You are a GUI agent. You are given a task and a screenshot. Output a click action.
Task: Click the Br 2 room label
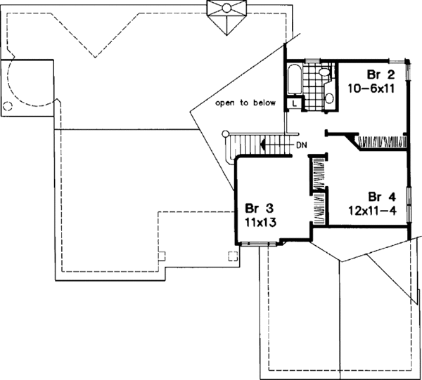click(381, 75)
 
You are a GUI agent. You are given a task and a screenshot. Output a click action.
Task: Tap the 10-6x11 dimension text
click(371, 89)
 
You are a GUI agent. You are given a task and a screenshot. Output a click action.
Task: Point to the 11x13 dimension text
click(260, 222)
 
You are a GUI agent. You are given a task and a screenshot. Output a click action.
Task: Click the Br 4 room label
click(382, 197)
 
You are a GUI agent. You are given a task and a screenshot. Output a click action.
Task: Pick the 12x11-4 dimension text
click(373, 211)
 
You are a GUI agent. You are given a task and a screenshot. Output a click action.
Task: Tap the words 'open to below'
click(245, 103)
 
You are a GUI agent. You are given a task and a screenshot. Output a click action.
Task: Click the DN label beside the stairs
click(302, 145)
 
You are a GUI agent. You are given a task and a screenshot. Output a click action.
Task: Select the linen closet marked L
click(294, 104)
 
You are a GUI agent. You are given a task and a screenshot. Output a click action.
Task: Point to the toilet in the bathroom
click(325, 72)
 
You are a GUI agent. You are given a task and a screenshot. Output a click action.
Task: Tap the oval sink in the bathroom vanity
click(329, 98)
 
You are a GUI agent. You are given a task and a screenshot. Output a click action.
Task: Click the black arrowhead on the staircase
click(263, 145)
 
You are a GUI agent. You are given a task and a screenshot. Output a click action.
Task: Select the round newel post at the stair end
click(225, 133)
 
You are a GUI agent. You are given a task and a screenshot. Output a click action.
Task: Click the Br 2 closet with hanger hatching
click(381, 142)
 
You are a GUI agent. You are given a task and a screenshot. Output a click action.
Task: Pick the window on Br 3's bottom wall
click(258, 244)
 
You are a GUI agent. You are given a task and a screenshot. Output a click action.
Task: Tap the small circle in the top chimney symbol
click(226, 8)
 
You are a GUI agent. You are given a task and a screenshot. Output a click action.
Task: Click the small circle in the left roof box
click(7, 106)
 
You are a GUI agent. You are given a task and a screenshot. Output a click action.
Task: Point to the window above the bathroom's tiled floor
click(312, 61)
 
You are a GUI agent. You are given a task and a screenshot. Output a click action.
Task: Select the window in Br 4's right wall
click(409, 205)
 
